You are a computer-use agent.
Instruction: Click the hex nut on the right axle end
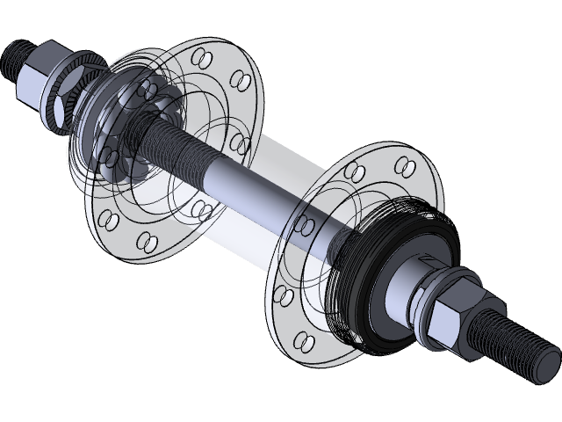452,316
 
